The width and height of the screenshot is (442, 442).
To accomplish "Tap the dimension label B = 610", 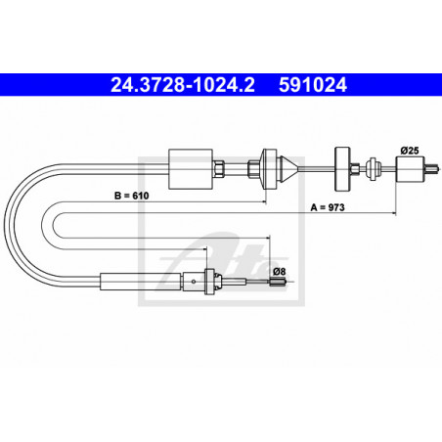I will coord(133,197).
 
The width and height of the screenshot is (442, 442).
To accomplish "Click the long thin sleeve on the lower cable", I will coord(147,284).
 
